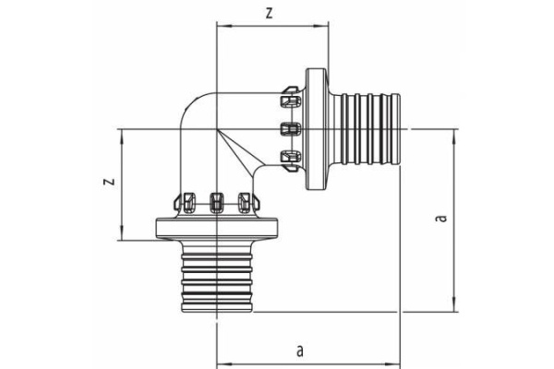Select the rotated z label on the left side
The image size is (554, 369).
[x=107, y=183]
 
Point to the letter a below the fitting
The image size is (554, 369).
[x=299, y=350]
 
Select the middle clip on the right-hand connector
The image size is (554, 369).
[x=289, y=127]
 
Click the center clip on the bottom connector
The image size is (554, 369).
[x=217, y=200]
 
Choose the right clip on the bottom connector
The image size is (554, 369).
[x=246, y=200]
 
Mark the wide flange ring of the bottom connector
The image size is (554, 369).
[x=216, y=229]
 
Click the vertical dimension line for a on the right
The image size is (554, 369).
[x=453, y=219]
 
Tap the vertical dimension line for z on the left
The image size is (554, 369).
[x=121, y=184]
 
